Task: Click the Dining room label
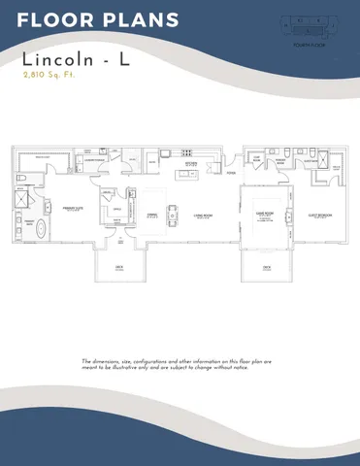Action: [x=152, y=216]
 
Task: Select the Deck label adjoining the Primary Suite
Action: [x=119, y=269]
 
